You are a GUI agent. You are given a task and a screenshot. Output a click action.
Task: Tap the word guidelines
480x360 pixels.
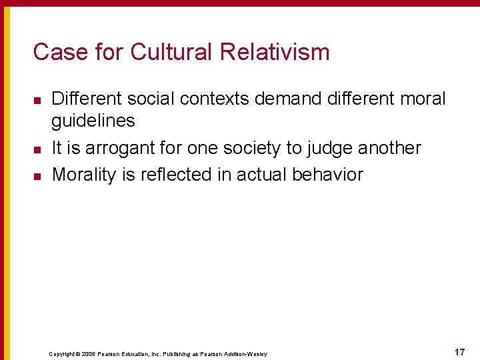[93, 121]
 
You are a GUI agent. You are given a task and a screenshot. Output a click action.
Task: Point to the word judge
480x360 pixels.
[335, 148]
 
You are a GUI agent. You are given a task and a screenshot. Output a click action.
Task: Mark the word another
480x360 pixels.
[395, 148]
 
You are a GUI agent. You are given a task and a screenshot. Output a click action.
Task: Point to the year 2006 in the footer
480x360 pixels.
[89, 354]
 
